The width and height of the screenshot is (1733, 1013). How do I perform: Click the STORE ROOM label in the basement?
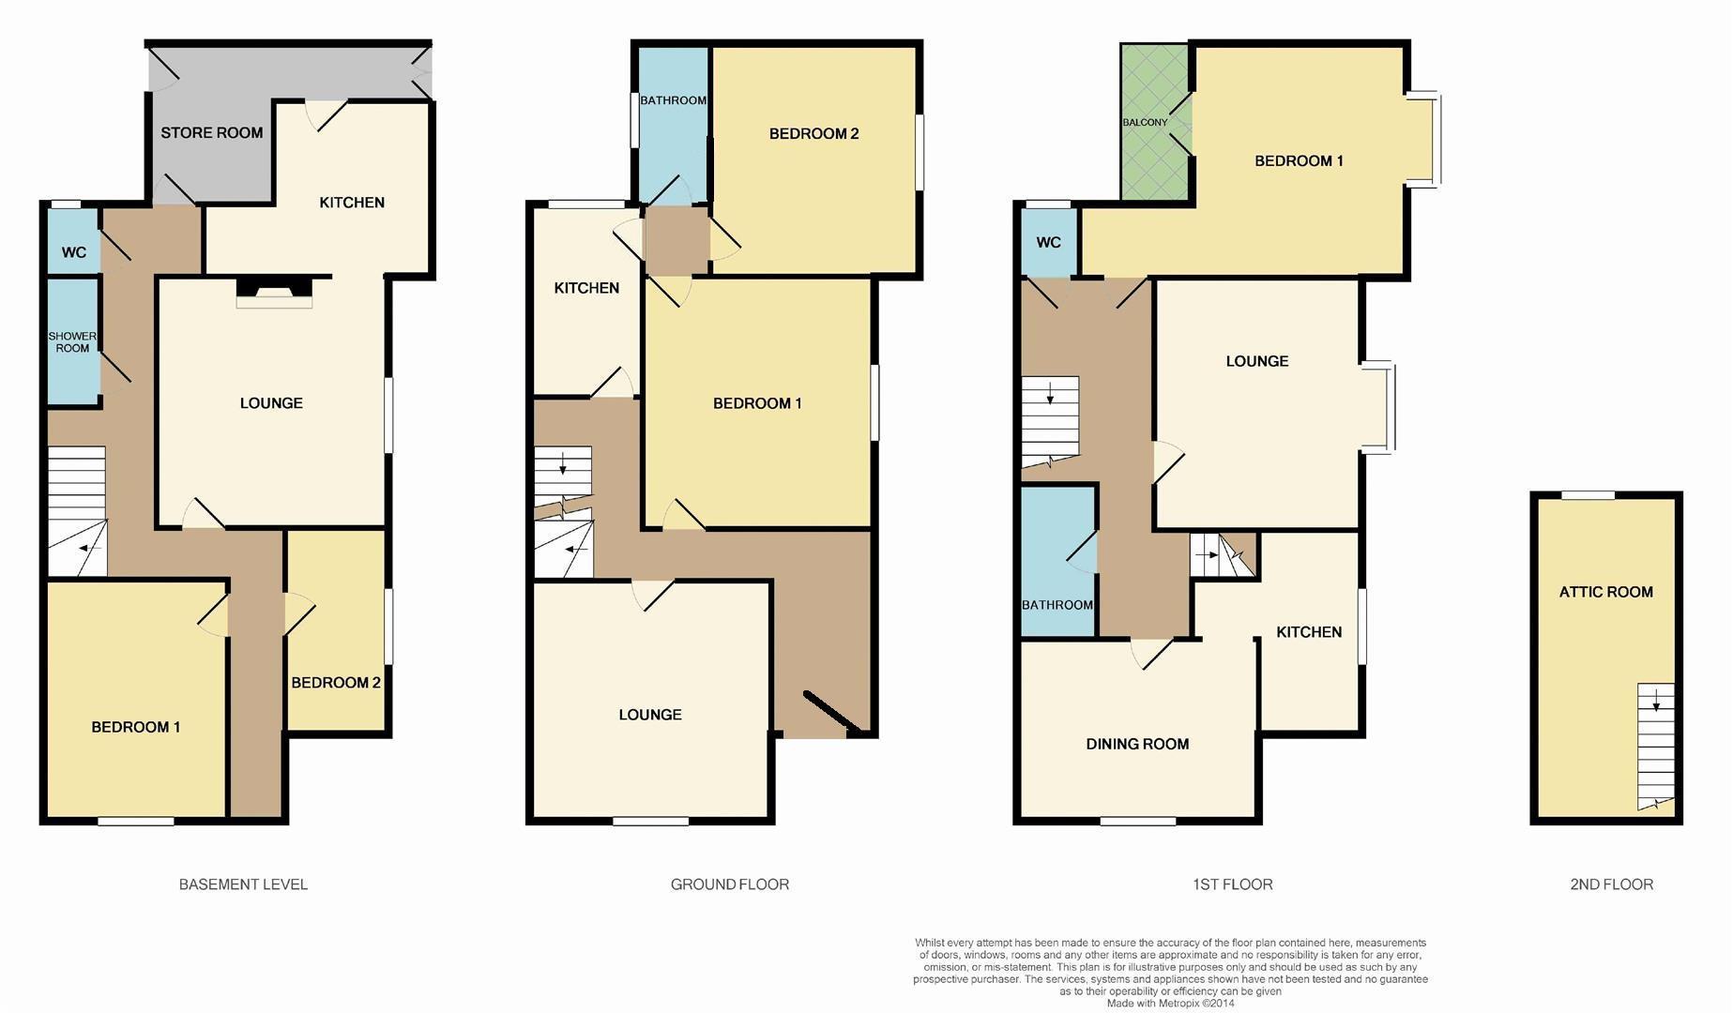pyautogui.click(x=211, y=133)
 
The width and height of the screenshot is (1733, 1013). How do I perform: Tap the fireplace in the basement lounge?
pyautogui.click(x=273, y=291)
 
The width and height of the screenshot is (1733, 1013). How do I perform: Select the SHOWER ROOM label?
pyautogui.click(x=72, y=341)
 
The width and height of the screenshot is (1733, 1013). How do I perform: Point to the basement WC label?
pyautogui.click(x=74, y=252)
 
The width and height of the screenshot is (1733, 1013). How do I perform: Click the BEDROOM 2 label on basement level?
pyautogui.click(x=336, y=683)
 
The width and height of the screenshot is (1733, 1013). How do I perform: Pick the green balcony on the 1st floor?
pyautogui.click(x=1155, y=123)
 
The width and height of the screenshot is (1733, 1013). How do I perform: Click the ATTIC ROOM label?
pyautogui.click(x=1605, y=592)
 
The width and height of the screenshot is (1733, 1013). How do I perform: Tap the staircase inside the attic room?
pyautogui.click(x=1655, y=746)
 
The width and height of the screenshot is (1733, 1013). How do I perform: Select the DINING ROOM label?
pyautogui.click(x=1137, y=744)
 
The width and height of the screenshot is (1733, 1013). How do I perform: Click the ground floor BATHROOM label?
pyautogui.click(x=673, y=100)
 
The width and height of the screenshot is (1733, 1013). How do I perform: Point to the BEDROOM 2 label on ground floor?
pyautogui.click(x=813, y=134)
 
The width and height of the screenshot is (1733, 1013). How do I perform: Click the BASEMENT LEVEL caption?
pyautogui.click(x=243, y=884)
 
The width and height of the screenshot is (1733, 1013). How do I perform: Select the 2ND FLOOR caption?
pyautogui.click(x=1611, y=884)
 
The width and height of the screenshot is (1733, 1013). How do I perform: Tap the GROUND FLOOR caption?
pyautogui.click(x=729, y=884)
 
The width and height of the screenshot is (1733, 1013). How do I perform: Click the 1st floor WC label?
pyautogui.click(x=1048, y=243)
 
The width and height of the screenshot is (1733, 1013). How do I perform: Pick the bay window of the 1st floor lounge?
pyautogui.click(x=1380, y=407)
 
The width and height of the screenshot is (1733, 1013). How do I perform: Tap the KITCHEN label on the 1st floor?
pyautogui.click(x=1308, y=632)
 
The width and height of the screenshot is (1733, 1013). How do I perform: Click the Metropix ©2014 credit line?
pyautogui.click(x=1170, y=1004)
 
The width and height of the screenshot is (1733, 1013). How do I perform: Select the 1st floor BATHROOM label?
pyautogui.click(x=1057, y=605)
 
